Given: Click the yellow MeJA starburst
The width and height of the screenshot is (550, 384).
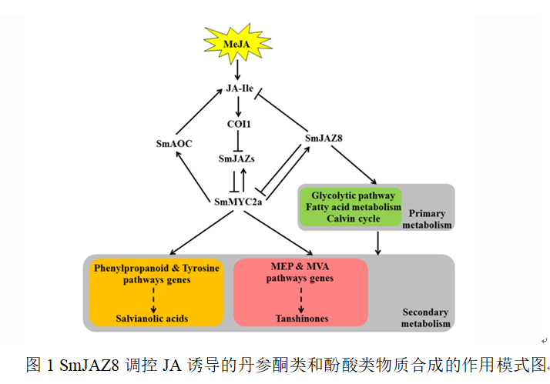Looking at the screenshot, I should [x=236, y=45].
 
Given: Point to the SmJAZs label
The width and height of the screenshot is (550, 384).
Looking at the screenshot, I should [x=237, y=159].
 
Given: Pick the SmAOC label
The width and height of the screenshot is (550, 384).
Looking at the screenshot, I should [x=173, y=143].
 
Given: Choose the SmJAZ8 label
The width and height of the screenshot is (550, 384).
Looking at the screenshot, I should [x=324, y=139].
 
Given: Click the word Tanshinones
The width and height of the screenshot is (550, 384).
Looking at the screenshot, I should [x=300, y=319].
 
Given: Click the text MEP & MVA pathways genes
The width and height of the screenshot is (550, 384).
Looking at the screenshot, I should [x=300, y=272].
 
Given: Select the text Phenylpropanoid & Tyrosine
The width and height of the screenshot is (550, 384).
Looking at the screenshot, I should [x=156, y=268].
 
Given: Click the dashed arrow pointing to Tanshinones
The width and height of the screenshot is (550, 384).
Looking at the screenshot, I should [x=300, y=297].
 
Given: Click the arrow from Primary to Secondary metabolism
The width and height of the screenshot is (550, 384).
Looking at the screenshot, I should [x=377, y=242].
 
